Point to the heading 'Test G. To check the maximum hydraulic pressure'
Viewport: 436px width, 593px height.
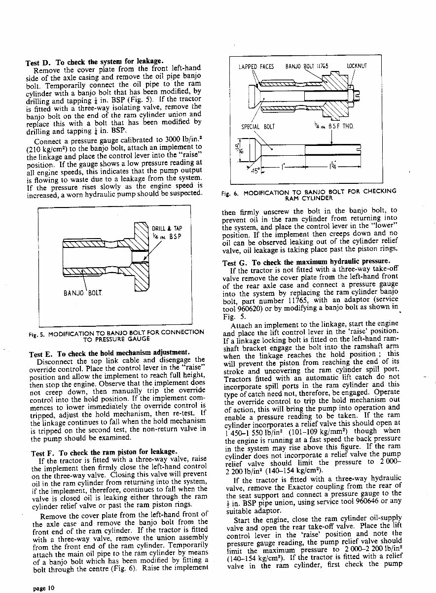[x=306, y=262]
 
